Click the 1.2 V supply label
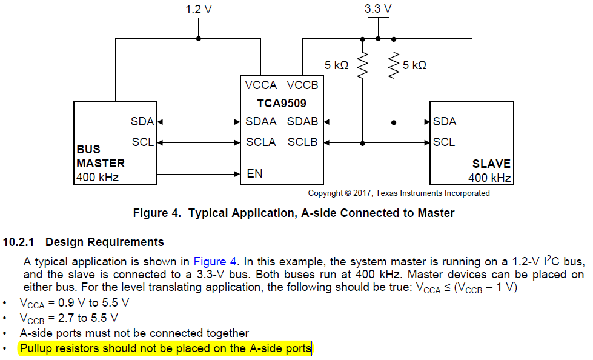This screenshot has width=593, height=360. coord(199,9)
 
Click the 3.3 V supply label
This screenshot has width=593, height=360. coord(378,8)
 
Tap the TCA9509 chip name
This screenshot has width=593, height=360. coord(282,103)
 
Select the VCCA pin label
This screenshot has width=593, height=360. coord(261,85)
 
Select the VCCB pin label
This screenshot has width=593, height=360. coord(302,85)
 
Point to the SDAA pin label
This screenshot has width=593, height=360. coord(261,121)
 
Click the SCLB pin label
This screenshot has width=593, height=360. coord(302,142)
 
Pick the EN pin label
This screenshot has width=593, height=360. coord(254,173)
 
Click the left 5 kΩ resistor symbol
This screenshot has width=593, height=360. coord(362,65)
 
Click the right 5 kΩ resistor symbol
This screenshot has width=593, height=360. coord(394,65)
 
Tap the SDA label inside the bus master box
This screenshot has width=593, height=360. coord(142,121)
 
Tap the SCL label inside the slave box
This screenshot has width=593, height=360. coord(444,142)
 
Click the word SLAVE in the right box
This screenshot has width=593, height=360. coord(491,164)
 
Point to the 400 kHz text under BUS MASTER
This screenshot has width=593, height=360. coord(98,177)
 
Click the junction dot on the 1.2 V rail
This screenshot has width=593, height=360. coord(199,39)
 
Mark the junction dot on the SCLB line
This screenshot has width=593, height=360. coord(362,144)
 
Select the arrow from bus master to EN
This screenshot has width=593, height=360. coord(199,174)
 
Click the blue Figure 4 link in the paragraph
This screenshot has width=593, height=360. coord(215,262)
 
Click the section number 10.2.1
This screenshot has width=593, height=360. coord(19,242)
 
